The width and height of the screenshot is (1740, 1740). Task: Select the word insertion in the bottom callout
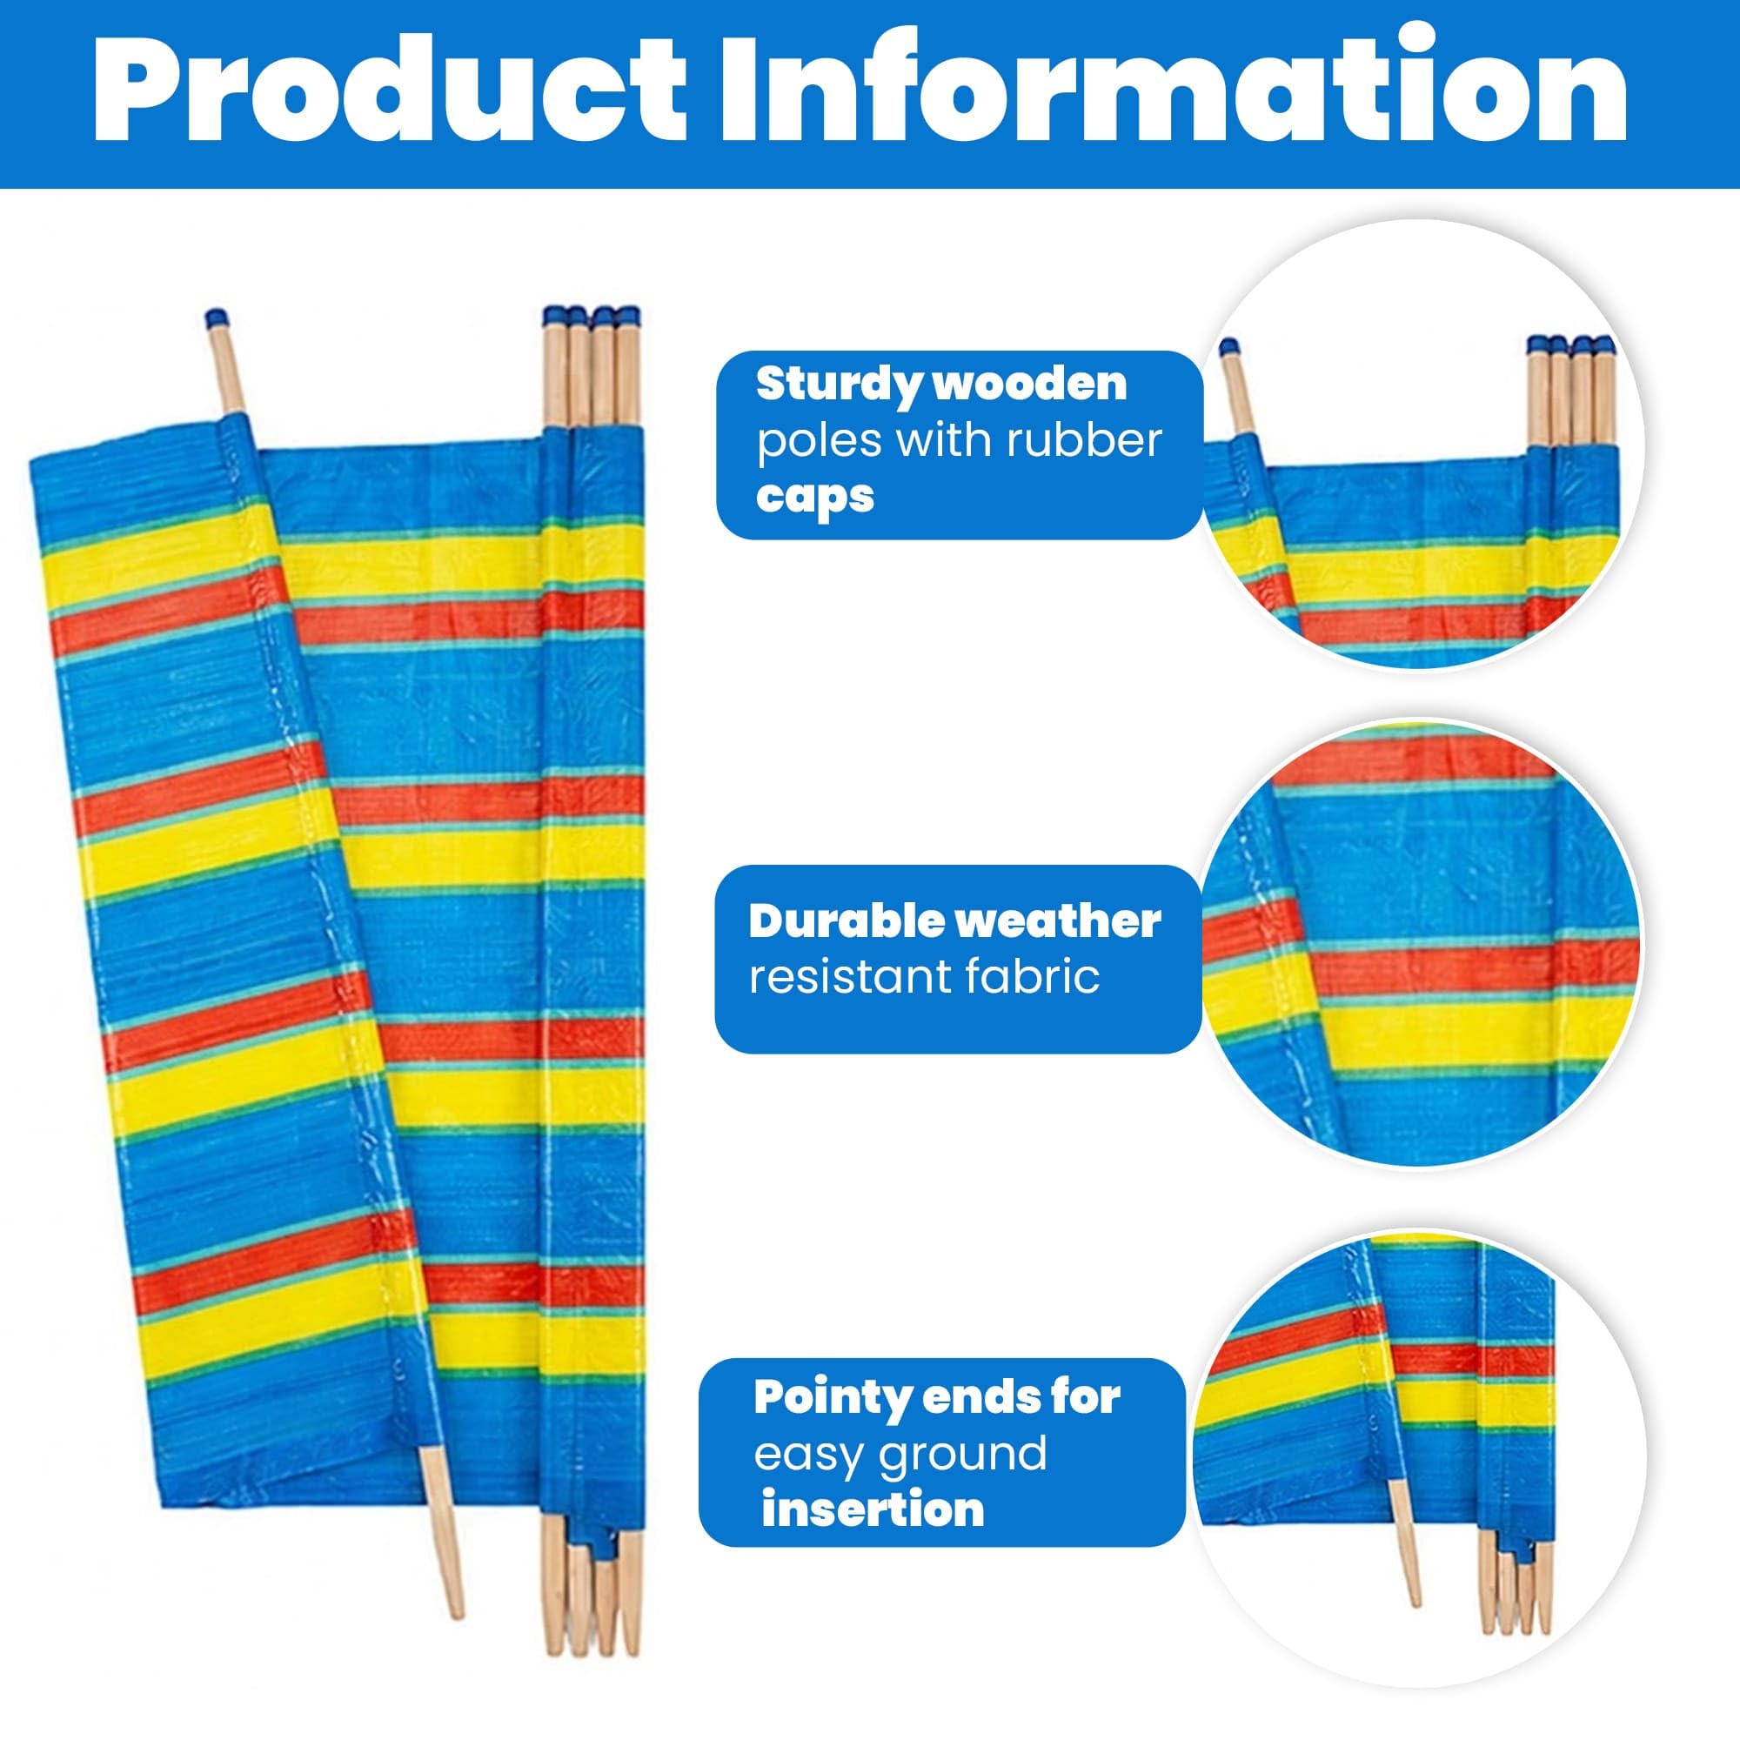pos(873,1510)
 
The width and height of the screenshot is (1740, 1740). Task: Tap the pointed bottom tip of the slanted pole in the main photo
pos(458,1613)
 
